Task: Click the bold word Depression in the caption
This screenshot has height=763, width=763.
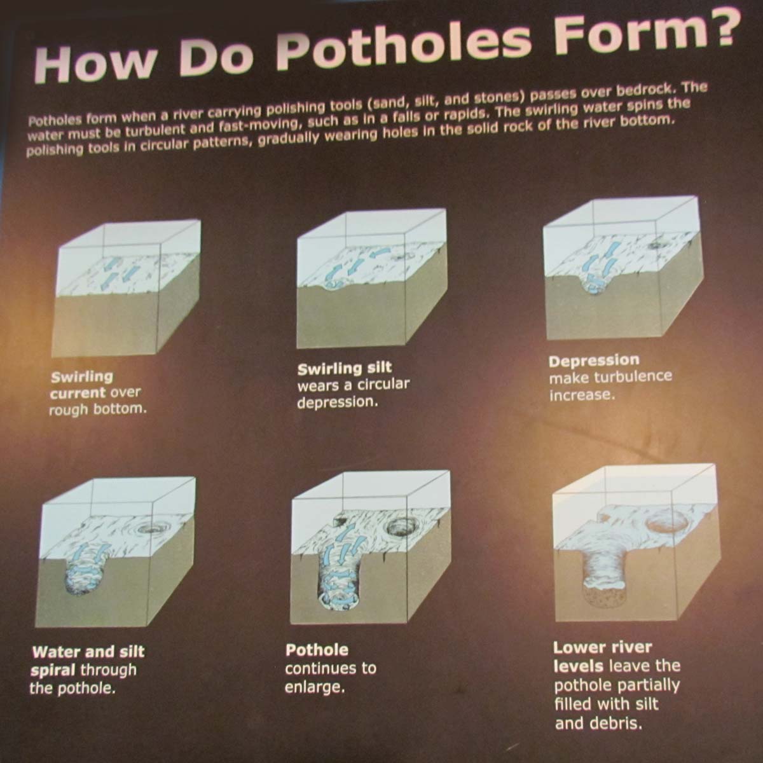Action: tap(593, 361)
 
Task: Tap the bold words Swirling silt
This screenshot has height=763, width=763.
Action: tap(345, 368)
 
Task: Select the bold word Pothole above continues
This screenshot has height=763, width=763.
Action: tap(317, 650)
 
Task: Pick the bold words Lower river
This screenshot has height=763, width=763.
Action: tap(602, 648)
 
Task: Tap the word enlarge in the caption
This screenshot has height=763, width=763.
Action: tap(315, 687)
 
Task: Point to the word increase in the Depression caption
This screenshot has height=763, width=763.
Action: tap(582, 395)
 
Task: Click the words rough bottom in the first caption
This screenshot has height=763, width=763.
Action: tap(97, 409)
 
